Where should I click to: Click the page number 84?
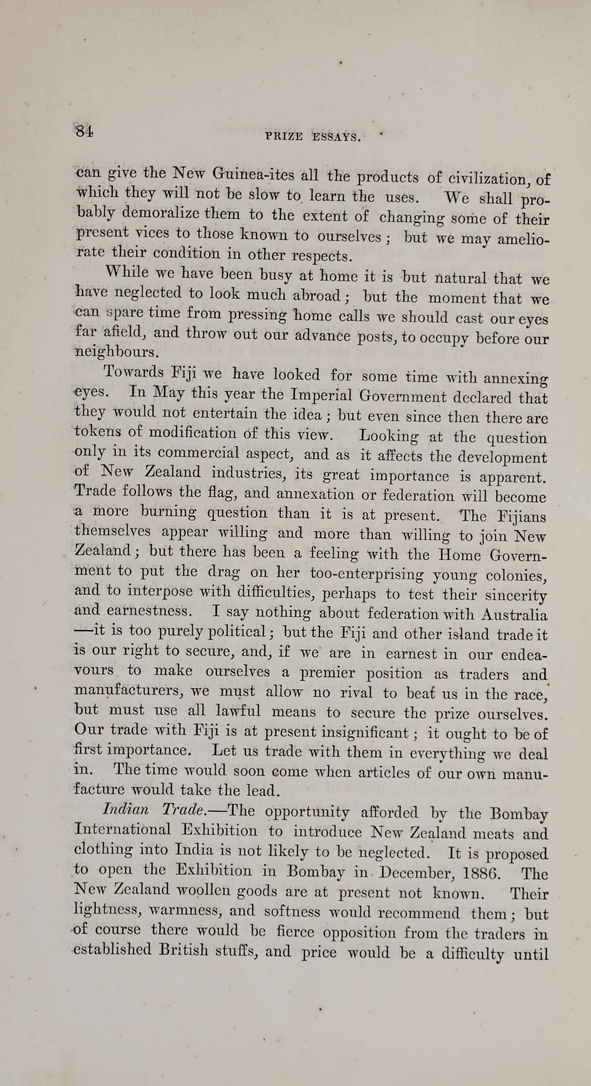tap(84, 131)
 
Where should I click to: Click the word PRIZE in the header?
tap(284, 137)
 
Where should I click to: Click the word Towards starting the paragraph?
tap(134, 372)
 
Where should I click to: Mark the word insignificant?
tap(364, 733)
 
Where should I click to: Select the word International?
tap(123, 829)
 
